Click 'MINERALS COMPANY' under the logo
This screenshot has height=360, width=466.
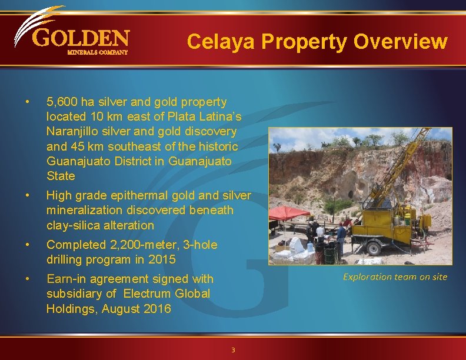(x=97, y=52)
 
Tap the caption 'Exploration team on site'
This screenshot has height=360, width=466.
(x=395, y=276)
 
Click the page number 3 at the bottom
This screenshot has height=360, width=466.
(x=233, y=350)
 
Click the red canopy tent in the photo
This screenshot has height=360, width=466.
(x=288, y=213)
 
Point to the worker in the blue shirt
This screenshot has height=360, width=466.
(x=341, y=235)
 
